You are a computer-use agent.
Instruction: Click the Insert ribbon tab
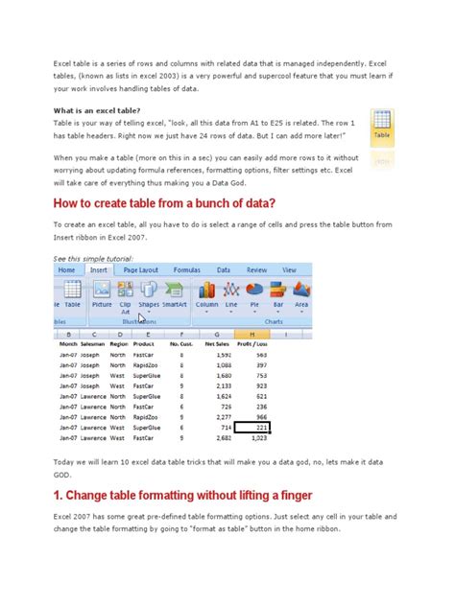point(99,270)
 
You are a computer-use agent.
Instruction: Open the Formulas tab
point(186,270)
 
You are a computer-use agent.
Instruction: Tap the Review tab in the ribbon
point(256,270)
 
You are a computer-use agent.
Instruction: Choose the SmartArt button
point(175,292)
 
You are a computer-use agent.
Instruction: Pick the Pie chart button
point(255,292)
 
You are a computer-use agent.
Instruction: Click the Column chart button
point(207,292)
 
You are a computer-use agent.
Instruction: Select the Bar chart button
point(278,292)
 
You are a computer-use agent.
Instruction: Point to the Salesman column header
point(93,343)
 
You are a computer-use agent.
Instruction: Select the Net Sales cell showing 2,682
point(220,437)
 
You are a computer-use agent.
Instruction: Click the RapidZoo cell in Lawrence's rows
point(145,416)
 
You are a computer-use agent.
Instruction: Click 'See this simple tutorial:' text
point(93,259)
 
